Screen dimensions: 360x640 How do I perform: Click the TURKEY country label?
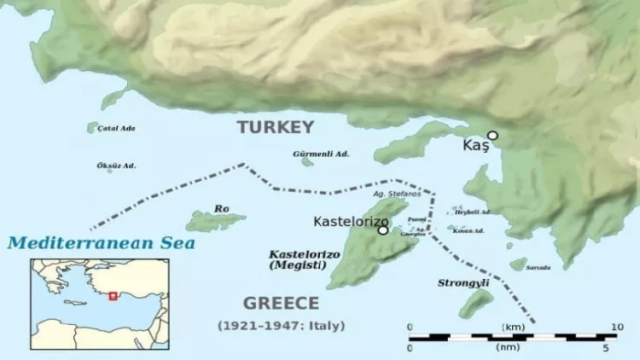276,127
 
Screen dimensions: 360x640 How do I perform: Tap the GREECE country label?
281,303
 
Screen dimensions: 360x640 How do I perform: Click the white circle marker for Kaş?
492,135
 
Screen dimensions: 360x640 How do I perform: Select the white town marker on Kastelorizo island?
383,229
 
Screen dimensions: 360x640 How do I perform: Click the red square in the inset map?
113,296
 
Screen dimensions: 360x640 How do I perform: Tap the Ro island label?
222,208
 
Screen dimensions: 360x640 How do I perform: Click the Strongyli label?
462,282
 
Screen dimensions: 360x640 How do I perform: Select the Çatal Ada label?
116,128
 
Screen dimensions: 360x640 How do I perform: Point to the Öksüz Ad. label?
116,165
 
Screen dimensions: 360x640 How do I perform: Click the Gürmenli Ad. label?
321,154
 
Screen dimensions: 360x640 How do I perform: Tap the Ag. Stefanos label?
397,194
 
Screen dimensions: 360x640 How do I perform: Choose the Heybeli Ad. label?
467,212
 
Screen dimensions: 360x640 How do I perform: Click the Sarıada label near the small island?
538,268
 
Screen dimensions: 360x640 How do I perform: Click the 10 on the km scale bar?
618,327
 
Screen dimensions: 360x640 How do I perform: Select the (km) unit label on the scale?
513,327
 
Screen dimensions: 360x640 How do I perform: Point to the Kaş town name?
475,146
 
